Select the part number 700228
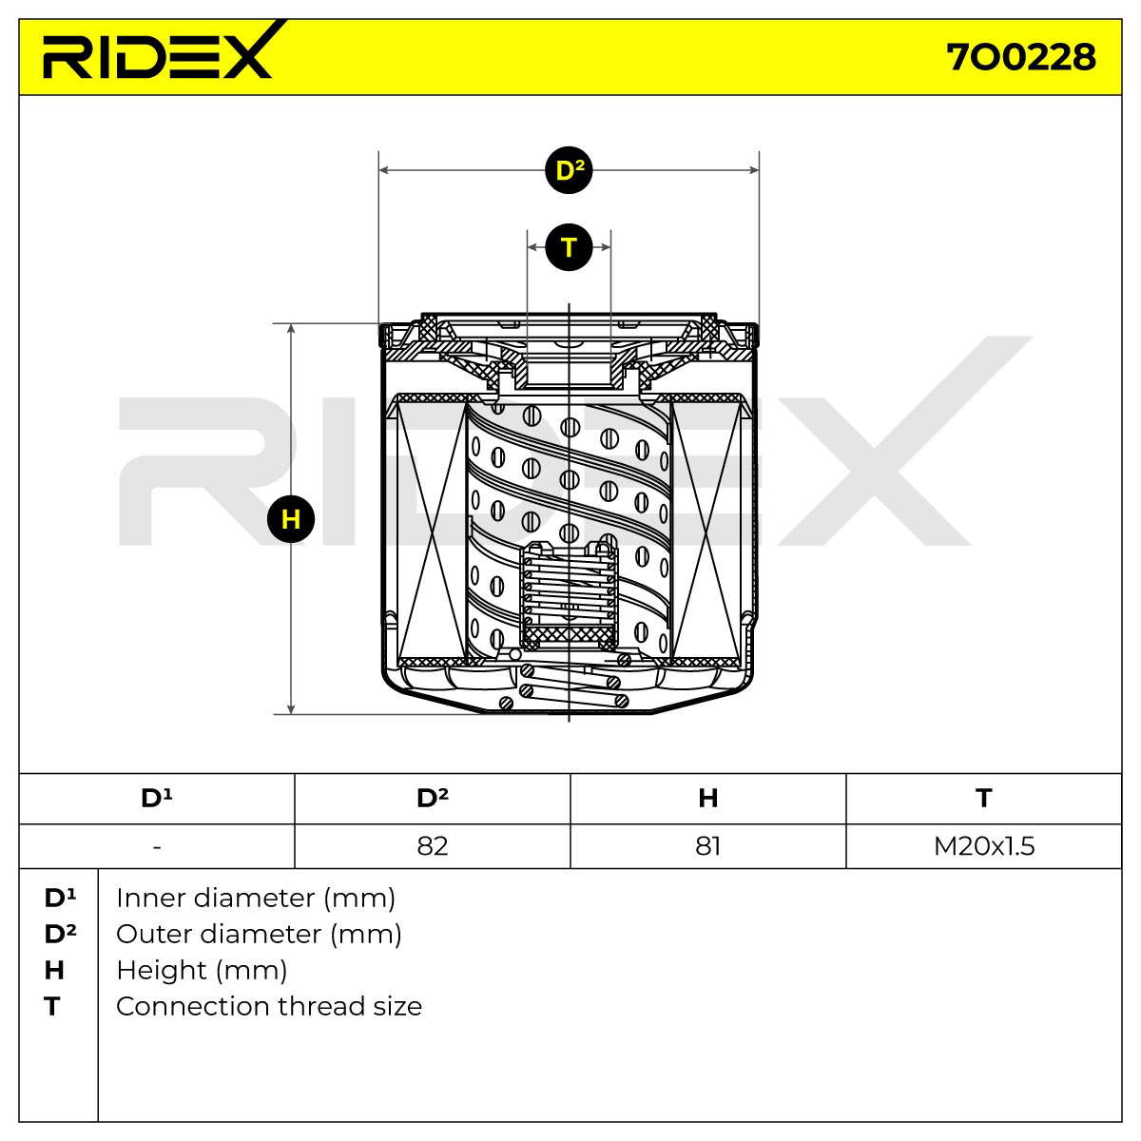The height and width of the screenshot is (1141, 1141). [x=1021, y=58]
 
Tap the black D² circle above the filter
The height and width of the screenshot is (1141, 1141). [x=569, y=170]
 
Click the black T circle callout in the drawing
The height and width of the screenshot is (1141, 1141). [x=569, y=247]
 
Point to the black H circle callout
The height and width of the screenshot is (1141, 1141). [x=291, y=519]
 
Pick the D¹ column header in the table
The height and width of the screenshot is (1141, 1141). [x=156, y=798]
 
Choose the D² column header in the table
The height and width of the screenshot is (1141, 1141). [x=433, y=798]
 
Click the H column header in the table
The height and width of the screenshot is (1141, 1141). [x=708, y=798]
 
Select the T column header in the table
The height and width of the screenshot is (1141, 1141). [x=983, y=798]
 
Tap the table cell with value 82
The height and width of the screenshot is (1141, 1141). [x=433, y=846]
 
